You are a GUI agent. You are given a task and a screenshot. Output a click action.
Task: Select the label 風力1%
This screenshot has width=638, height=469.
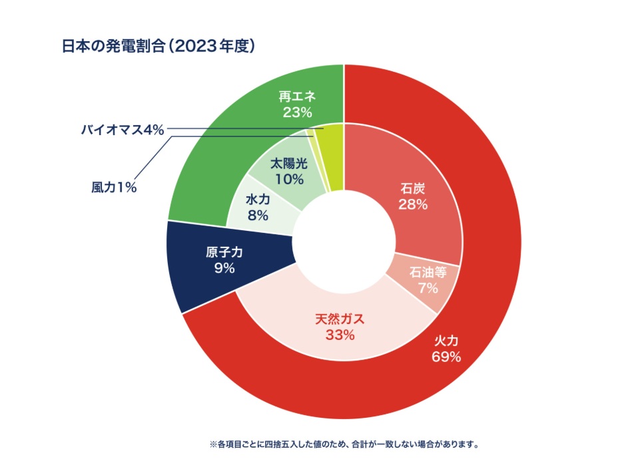click(x=113, y=188)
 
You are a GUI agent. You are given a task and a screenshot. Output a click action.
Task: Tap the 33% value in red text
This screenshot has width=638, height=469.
click(x=340, y=335)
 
